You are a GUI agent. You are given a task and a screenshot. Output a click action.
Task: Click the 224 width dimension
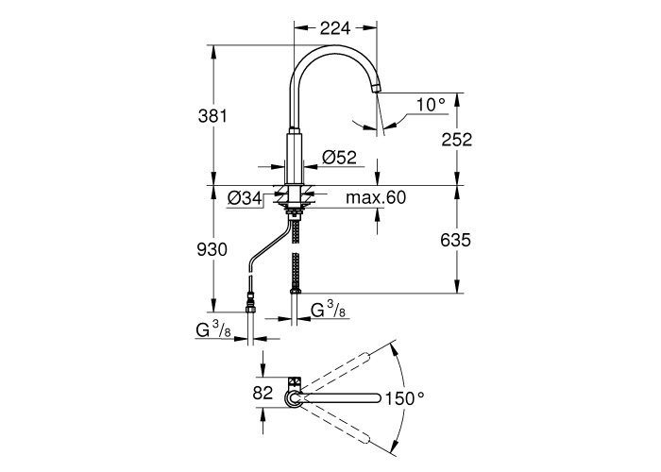point(335,28)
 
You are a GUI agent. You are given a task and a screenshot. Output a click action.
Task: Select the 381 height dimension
point(212,116)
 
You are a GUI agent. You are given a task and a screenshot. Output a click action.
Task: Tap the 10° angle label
point(431,105)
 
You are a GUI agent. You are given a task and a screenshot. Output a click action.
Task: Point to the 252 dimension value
point(457,140)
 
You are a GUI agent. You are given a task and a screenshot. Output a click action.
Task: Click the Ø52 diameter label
point(339,158)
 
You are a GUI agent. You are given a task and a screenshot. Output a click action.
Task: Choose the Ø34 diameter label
point(245,197)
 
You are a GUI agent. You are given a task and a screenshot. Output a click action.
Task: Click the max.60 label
point(376,197)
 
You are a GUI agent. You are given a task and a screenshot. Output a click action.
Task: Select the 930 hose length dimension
point(212,250)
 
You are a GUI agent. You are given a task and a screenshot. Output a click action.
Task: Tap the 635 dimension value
point(455,241)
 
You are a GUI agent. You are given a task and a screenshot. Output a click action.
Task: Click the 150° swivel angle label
point(404,397)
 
